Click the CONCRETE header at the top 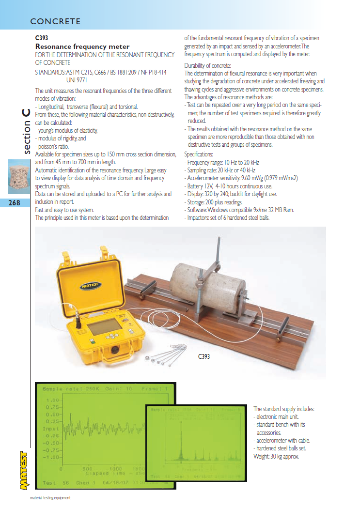click(55, 21)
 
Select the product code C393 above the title click(42, 38)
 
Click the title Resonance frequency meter click(82, 46)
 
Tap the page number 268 click(15, 203)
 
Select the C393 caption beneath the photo click(204, 357)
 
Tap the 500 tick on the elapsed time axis click(87, 469)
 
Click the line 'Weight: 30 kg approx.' click(277, 456)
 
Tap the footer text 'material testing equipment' click(50, 498)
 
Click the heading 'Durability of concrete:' click(208, 65)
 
